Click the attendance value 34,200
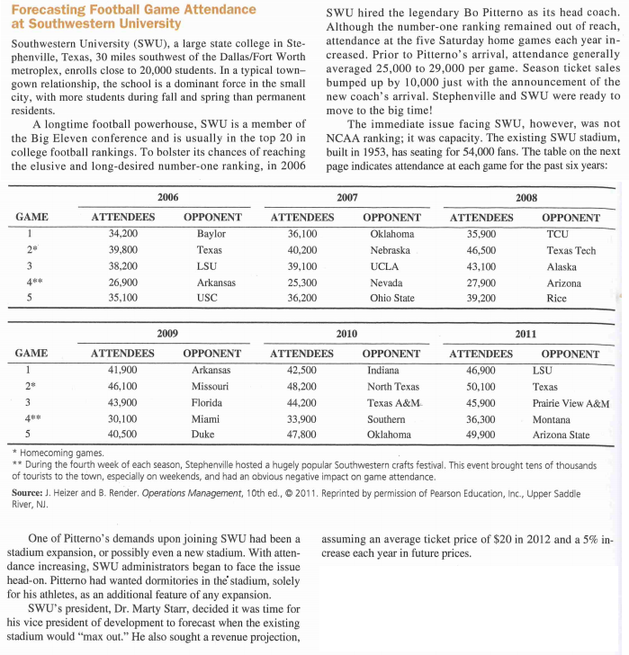pyautogui.click(x=122, y=234)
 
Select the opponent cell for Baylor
pyautogui.click(x=211, y=234)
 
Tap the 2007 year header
pyautogui.click(x=346, y=196)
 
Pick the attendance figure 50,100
pyautogui.click(x=481, y=386)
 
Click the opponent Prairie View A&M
pyautogui.click(x=571, y=402)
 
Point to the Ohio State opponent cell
pyautogui.click(x=391, y=299)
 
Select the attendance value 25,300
pyautogui.click(x=301, y=283)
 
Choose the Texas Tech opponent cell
pyautogui.click(x=571, y=250)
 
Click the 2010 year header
pyautogui.click(x=346, y=333)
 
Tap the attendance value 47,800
pyautogui.click(x=301, y=435)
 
